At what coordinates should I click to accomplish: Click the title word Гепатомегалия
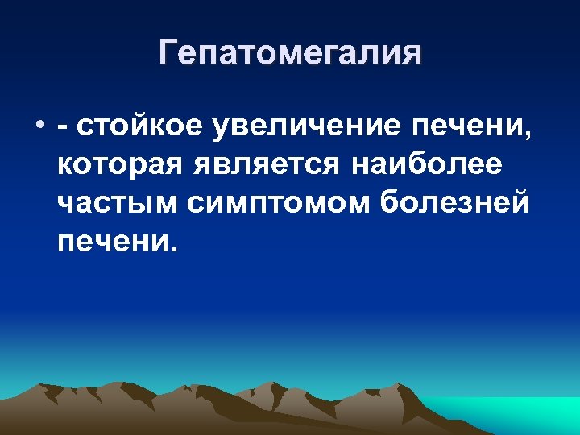click(290, 53)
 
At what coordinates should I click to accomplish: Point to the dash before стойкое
click(63, 127)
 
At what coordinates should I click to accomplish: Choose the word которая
click(120, 164)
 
